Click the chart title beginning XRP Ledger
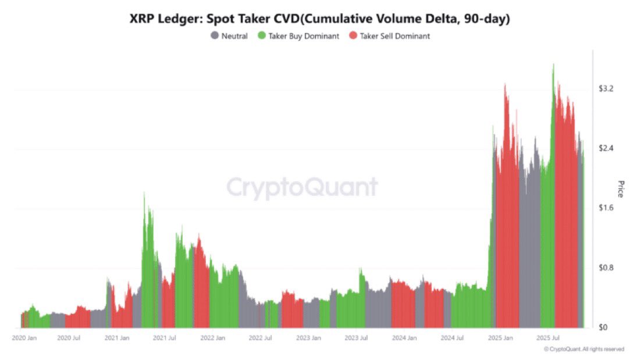tap(319, 19)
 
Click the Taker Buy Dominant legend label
tap(303, 36)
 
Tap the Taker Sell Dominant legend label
tap(394, 36)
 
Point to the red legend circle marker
tap(353, 36)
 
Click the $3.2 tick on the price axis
tap(607, 88)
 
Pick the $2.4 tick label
tap(607, 148)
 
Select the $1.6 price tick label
tap(607, 208)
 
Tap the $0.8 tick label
tap(607, 268)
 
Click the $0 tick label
tap(603, 327)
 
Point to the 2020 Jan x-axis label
tap(25, 337)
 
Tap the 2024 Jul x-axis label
tap(452, 337)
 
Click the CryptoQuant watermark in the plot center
tap(302, 188)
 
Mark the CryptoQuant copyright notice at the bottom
tap(584, 349)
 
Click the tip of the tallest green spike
tap(553, 64)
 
